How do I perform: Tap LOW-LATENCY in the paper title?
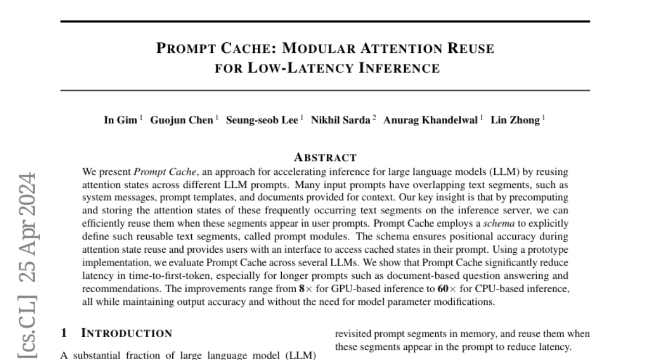point(295,68)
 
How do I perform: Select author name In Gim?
point(120,121)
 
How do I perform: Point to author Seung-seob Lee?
point(261,121)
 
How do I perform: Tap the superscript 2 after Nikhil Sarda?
point(375,118)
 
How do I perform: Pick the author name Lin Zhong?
point(515,121)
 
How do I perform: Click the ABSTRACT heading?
point(325,157)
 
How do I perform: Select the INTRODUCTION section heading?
point(127,333)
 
